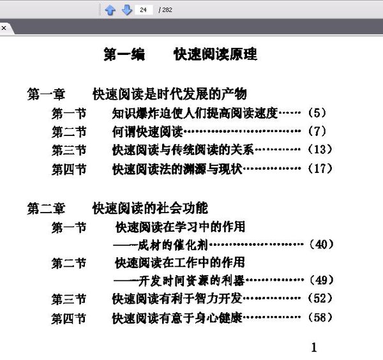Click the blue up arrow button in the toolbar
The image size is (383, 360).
(110, 10)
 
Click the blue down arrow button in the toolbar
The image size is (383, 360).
(126, 10)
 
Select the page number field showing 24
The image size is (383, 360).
(144, 10)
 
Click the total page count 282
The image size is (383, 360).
(166, 10)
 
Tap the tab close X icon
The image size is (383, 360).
(3, 28)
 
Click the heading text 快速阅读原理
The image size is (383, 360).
(215, 54)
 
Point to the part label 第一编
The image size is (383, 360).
(124, 54)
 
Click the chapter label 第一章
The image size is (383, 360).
(46, 94)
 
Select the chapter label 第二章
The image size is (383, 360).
(46, 208)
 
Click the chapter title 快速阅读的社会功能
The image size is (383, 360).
(150, 208)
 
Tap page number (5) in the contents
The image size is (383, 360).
(317, 114)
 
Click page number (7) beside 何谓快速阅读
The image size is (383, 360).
(317, 132)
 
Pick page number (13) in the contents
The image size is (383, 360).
(320, 150)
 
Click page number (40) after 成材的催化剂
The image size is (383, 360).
(320, 244)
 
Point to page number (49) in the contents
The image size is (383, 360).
(320, 280)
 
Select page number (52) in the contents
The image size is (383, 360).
(320, 298)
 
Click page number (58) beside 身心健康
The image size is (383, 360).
(320, 317)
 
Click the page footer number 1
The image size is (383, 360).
(313, 347)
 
